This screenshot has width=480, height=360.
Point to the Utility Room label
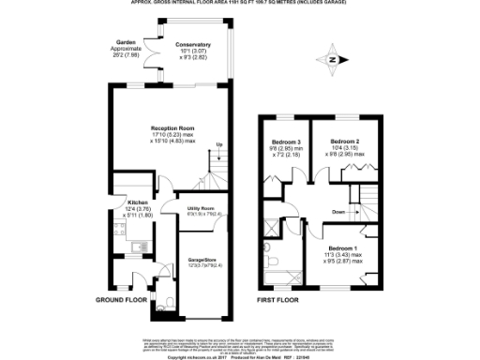[201, 208]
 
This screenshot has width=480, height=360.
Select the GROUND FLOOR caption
[122, 301]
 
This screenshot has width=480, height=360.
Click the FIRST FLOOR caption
[282, 301]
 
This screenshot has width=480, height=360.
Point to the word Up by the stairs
[219, 144]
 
